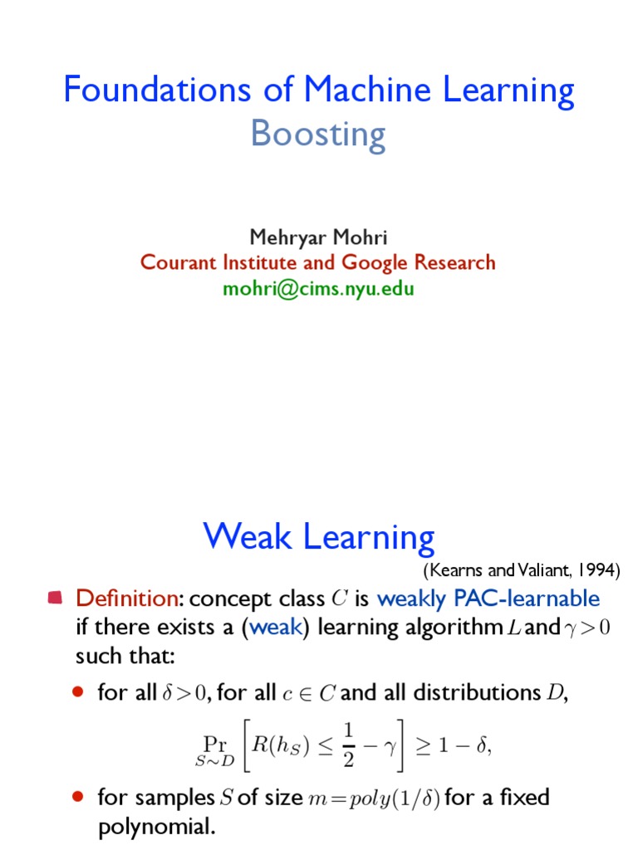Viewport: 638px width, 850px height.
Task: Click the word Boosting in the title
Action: pyautogui.click(x=318, y=134)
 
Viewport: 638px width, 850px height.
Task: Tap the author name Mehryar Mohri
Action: pyautogui.click(x=319, y=237)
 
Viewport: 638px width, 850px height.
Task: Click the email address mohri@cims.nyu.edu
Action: pyautogui.click(x=318, y=289)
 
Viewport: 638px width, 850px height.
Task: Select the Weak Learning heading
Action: pyautogui.click(x=318, y=537)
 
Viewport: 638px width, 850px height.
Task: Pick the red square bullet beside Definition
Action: pyautogui.click(x=56, y=597)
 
